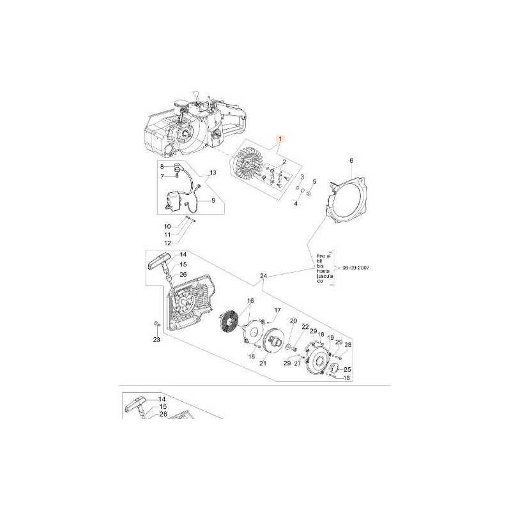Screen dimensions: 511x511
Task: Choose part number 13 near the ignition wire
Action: (x=213, y=172)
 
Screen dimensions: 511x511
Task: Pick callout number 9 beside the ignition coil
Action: (x=213, y=200)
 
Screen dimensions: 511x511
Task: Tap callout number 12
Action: (x=167, y=243)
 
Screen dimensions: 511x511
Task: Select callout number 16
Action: (x=250, y=300)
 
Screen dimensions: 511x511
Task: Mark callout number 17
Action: (x=277, y=310)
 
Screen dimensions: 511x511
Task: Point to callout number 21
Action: (x=263, y=363)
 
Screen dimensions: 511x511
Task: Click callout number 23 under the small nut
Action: (x=156, y=340)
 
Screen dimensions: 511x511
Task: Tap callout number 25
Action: (x=347, y=369)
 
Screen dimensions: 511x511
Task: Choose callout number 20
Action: (x=293, y=321)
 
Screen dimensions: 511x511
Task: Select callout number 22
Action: (x=305, y=327)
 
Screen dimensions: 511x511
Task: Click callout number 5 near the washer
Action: (x=314, y=181)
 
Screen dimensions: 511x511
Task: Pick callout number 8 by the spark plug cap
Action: (x=162, y=166)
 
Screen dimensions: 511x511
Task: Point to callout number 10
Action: (x=167, y=226)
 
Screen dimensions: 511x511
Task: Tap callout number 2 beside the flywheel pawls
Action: (x=293, y=162)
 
